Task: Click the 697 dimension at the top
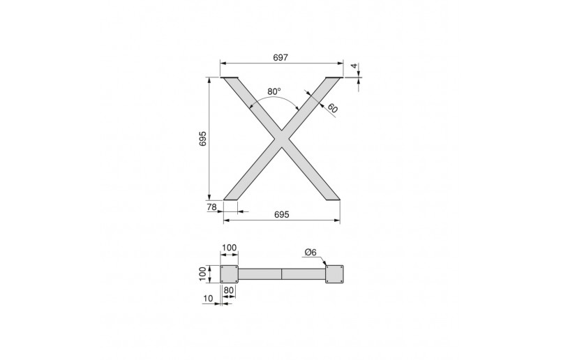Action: (x=280, y=57)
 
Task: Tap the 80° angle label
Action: (x=274, y=91)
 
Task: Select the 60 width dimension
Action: (x=332, y=107)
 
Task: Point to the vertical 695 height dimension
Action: (x=203, y=139)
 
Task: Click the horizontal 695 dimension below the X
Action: (x=282, y=214)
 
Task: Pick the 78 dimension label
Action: (x=212, y=207)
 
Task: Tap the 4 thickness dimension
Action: (x=354, y=66)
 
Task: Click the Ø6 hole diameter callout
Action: (x=311, y=253)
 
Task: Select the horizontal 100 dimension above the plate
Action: (x=229, y=248)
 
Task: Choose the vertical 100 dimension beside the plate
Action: (x=203, y=274)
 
